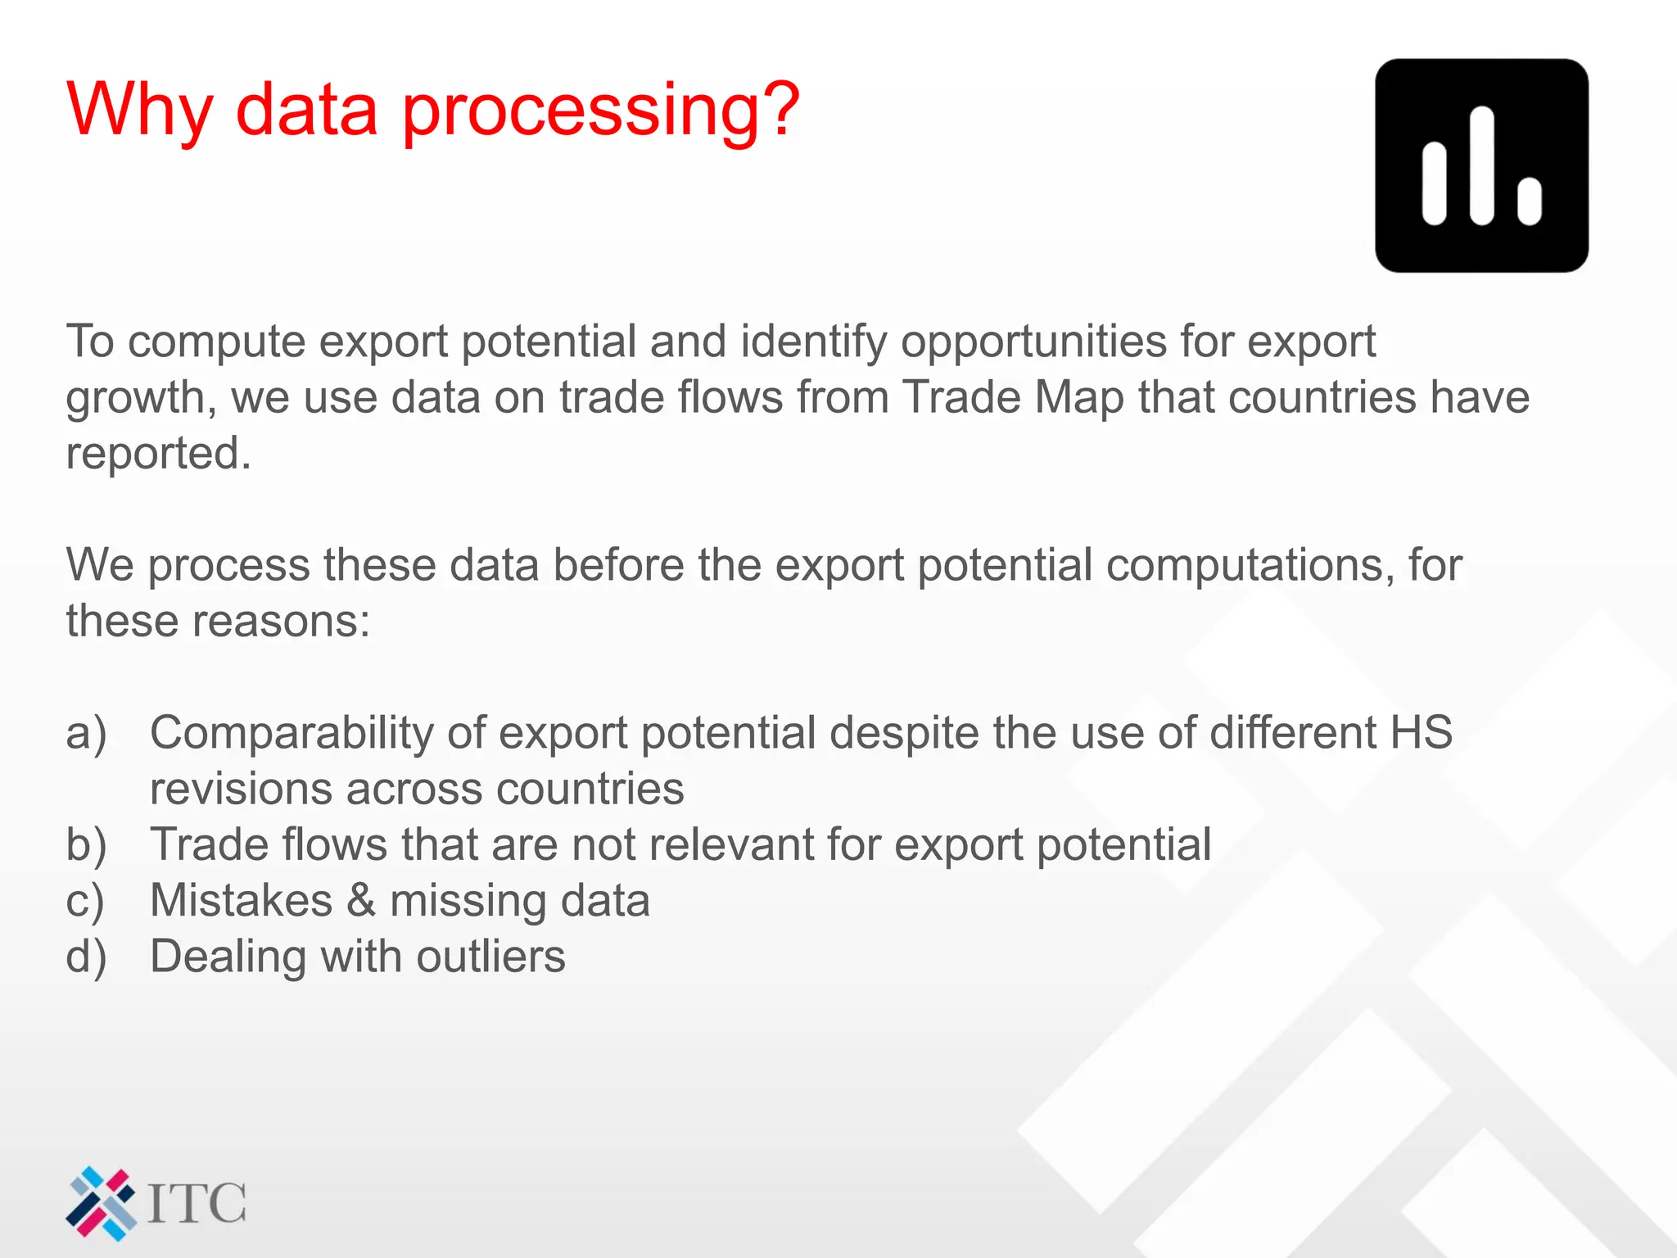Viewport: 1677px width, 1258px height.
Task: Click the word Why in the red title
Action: (140, 111)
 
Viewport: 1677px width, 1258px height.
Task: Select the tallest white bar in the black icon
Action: (1482, 165)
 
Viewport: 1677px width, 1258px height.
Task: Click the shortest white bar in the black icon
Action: (1529, 201)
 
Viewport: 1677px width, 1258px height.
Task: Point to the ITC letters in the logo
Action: (197, 1204)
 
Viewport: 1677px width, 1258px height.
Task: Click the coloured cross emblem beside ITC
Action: (101, 1203)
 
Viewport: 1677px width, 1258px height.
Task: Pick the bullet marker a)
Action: (86, 734)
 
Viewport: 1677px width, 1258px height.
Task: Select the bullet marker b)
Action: (86, 845)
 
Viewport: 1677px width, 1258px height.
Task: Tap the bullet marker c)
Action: (84, 902)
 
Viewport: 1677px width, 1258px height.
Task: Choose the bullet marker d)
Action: (86, 957)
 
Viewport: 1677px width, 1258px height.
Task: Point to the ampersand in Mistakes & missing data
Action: (361, 900)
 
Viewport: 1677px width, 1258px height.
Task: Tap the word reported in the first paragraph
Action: (157, 454)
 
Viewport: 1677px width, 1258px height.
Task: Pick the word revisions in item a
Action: (240, 790)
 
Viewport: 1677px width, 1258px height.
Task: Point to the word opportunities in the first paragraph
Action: (1033, 342)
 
